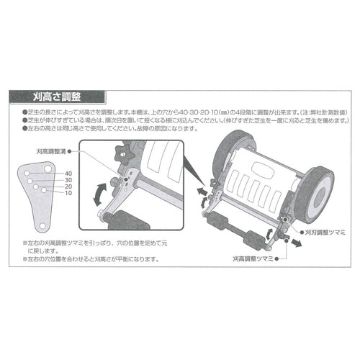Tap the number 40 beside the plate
pyautogui.click(x=68, y=174)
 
